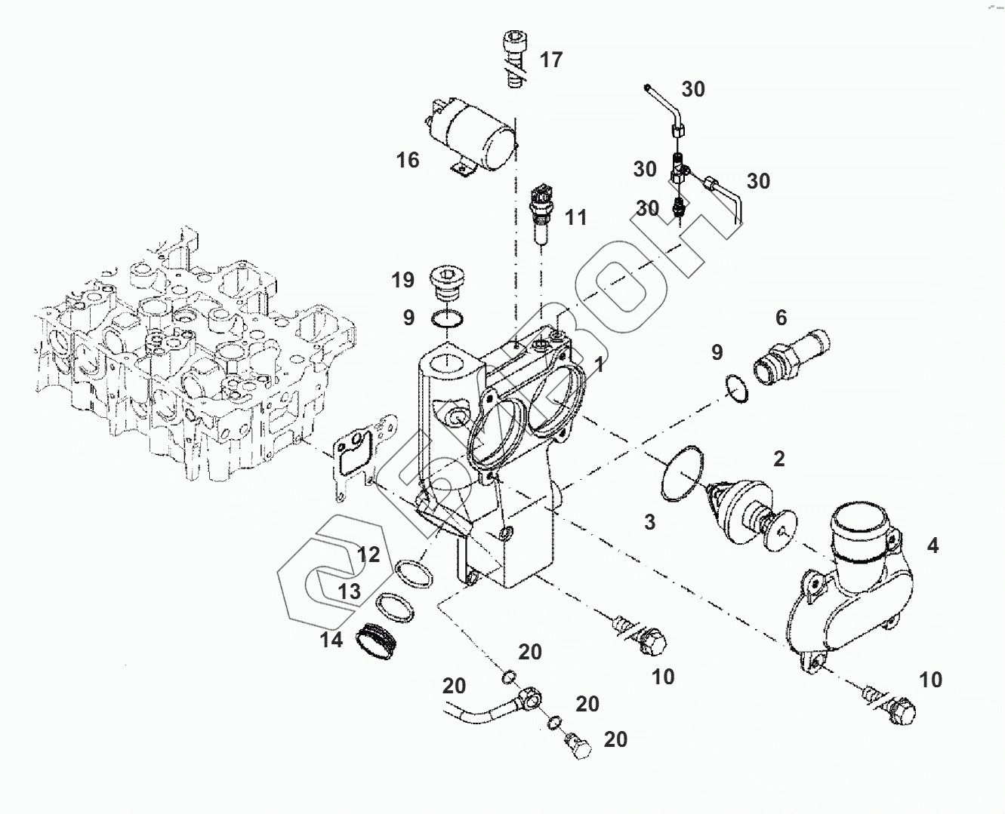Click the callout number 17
point(551,60)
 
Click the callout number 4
point(933,545)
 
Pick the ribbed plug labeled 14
point(376,640)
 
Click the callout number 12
point(368,555)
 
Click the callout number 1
point(599,365)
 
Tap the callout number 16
point(408,160)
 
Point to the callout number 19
point(402,281)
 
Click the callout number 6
point(781,318)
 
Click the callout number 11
point(576,218)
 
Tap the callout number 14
point(331,640)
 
